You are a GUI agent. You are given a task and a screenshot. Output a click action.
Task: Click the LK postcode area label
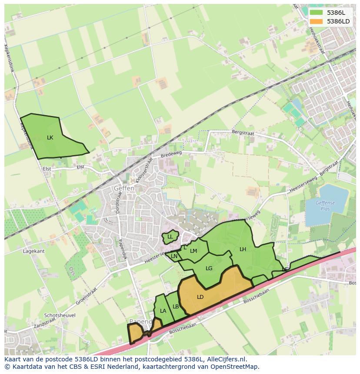coord(50,137)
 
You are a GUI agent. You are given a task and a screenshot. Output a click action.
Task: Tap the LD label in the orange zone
coord(200,297)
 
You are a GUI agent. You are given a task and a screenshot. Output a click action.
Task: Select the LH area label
coord(243,249)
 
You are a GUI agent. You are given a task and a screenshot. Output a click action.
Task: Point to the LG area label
coord(209,268)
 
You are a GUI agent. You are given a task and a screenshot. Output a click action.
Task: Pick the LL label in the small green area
coord(170,237)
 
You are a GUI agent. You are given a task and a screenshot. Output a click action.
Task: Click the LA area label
coord(163,311)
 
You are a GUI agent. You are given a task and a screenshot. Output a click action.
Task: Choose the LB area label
coord(176,306)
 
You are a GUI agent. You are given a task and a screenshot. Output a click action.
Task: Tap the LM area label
coord(193,251)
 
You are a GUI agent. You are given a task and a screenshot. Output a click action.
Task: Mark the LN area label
coord(174,256)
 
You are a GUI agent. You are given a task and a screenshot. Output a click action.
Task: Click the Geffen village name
coord(124,189)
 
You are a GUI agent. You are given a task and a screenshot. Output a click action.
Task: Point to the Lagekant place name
coord(34,251)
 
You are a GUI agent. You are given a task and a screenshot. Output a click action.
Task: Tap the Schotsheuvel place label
coord(60,315)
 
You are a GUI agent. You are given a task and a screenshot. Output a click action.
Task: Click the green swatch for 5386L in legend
coord(316,13)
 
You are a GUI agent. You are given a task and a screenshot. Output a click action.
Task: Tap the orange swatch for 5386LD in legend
coord(316,21)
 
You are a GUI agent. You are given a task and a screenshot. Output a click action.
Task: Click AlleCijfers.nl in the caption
coord(227,359)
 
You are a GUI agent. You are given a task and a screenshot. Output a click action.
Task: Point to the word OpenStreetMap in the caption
coord(232,367)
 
